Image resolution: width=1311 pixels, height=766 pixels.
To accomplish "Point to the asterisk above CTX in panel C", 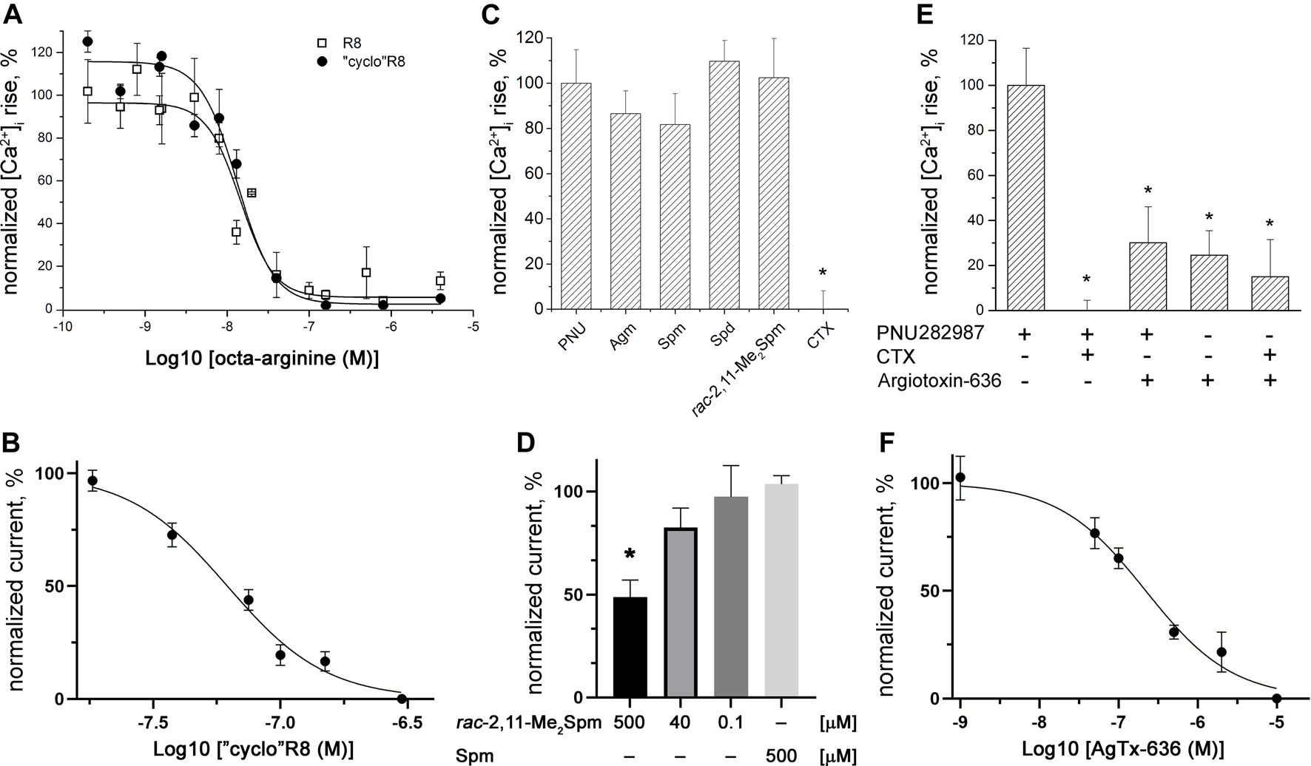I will coord(823,274).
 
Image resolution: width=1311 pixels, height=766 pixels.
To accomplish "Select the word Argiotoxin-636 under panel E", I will coord(940,382).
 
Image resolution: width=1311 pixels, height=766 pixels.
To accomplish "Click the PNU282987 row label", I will coord(931,334).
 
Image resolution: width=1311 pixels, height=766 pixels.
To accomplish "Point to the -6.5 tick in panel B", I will coord(402,720).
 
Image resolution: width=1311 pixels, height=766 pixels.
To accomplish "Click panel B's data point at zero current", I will coord(402,699).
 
